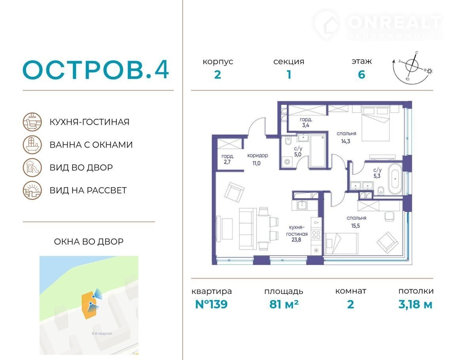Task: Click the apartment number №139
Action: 211,304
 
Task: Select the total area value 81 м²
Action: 284,304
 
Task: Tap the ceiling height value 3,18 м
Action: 415,305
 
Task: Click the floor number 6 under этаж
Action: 361,75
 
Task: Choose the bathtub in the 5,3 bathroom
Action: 395,179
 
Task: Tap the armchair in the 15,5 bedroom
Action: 388,243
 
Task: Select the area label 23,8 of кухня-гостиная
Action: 296,240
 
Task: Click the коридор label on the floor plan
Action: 258,155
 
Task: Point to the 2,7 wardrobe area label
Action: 227,162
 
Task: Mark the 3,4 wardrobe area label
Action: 306,125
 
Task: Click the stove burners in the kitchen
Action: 316,235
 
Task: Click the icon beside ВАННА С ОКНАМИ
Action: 32,145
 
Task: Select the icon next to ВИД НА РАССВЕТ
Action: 32,190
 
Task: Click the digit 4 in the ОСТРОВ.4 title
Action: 161,70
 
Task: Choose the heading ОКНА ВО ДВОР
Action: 89,241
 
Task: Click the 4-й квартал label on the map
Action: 102,333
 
